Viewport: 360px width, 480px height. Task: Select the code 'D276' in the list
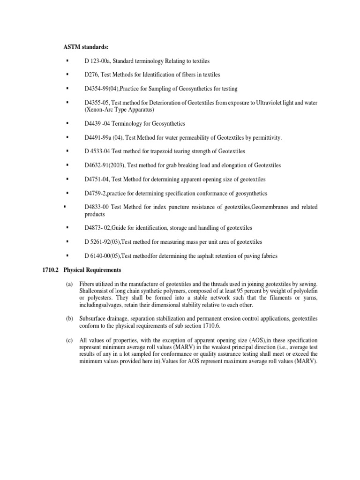[91, 75]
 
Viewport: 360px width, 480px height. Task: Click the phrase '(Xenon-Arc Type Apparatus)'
[120, 110]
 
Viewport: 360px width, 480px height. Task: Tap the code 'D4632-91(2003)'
[105, 165]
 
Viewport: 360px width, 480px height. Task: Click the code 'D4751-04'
[96, 179]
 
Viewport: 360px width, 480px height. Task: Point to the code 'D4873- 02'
[98, 228]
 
